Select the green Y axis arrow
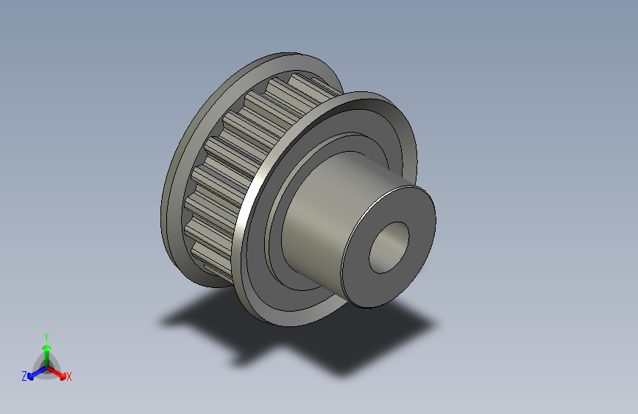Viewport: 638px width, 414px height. pyautogui.click(x=46, y=348)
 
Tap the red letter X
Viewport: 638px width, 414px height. pyautogui.click(x=69, y=376)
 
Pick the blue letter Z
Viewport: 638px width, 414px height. pyautogui.click(x=24, y=376)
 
